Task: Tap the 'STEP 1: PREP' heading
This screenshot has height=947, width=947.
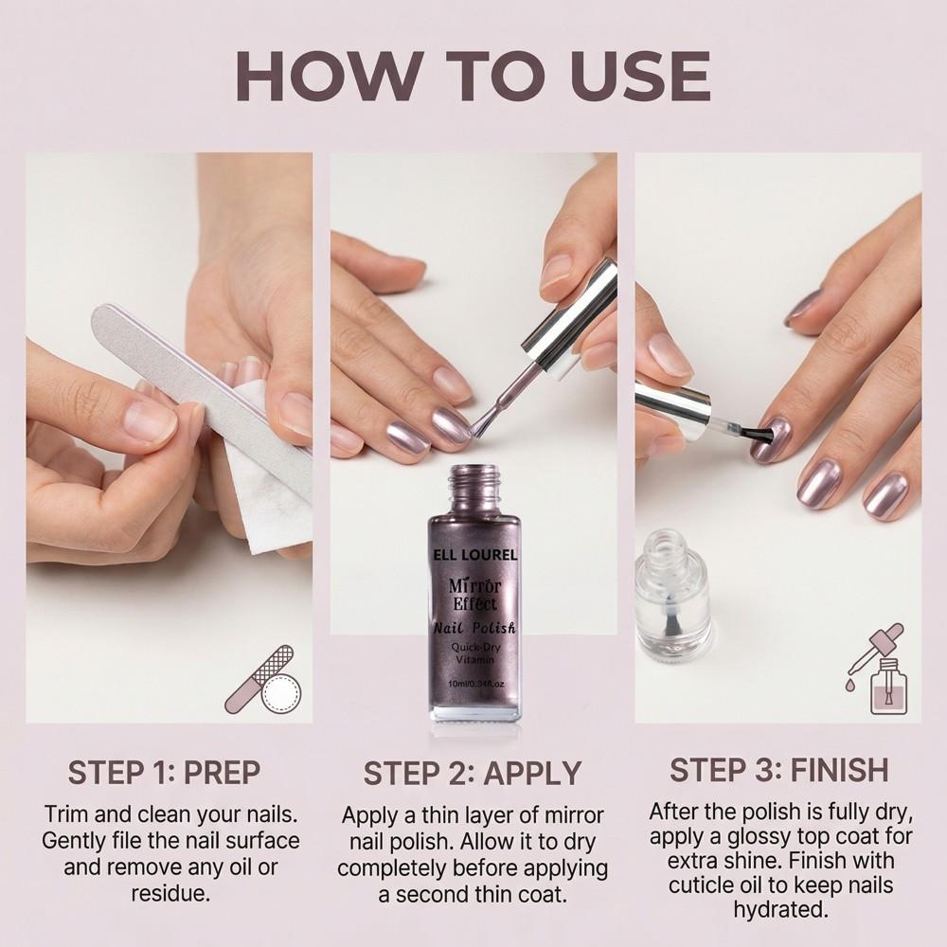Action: click(x=164, y=772)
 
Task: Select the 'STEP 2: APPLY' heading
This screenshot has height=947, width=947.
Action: click(x=473, y=773)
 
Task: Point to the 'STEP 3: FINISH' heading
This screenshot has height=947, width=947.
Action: click(x=779, y=770)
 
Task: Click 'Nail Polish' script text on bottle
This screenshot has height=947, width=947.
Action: click(x=474, y=627)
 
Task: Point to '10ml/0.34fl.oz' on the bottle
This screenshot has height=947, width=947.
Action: click(x=474, y=684)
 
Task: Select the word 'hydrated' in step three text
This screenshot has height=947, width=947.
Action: click(x=779, y=909)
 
